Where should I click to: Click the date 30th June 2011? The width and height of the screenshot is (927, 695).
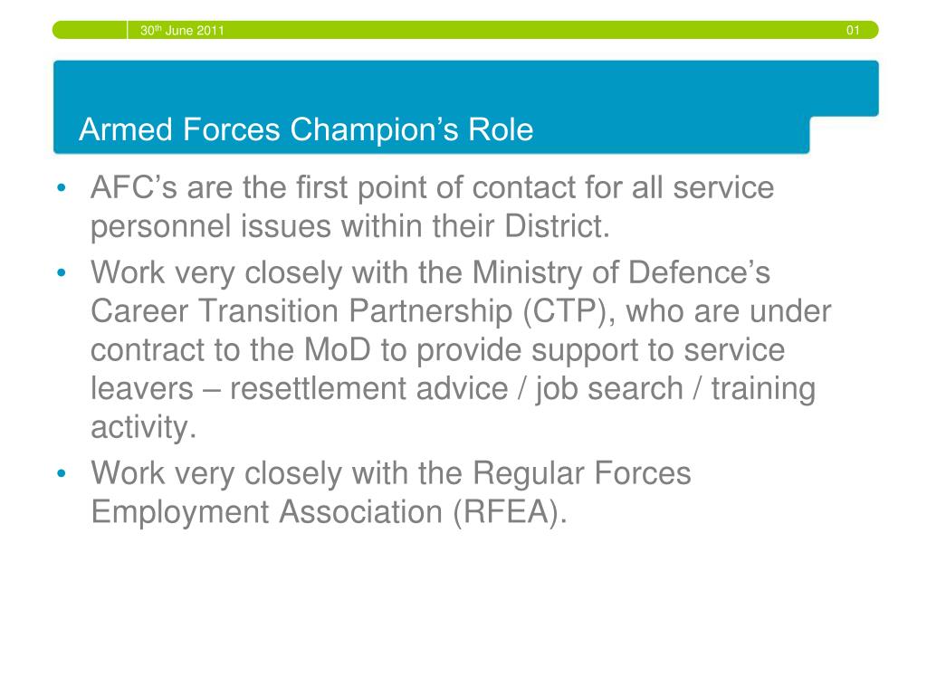(x=182, y=30)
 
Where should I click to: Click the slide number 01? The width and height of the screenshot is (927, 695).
(x=853, y=30)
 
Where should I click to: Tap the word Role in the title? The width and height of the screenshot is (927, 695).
(x=501, y=129)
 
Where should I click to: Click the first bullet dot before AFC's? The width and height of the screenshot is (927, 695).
(x=62, y=188)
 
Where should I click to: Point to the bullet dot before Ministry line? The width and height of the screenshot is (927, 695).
(x=62, y=273)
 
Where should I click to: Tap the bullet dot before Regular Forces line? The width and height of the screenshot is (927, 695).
(x=62, y=473)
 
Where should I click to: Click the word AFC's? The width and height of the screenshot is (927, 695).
(x=134, y=187)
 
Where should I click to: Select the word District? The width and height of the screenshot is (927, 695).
(x=557, y=225)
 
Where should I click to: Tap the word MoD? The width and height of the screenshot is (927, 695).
(x=338, y=349)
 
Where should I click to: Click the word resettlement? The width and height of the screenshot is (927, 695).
(x=369, y=388)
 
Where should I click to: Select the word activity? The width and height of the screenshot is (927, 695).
(x=144, y=428)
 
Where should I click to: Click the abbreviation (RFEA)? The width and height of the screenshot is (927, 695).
(x=511, y=512)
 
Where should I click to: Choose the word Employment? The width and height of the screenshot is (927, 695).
(x=180, y=513)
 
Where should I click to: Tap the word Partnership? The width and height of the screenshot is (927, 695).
(x=430, y=312)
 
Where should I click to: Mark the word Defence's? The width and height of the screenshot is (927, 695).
(x=700, y=272)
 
